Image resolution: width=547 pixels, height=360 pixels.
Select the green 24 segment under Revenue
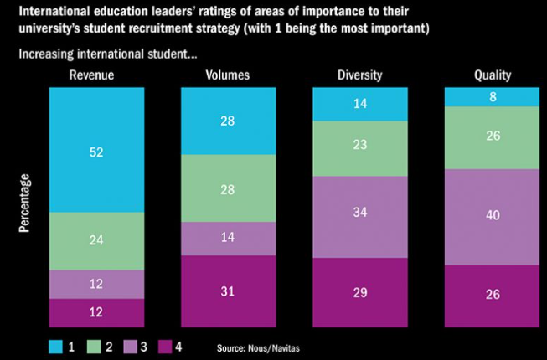(x=96, y=241)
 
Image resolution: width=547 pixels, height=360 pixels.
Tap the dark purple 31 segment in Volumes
(x=229, y=291)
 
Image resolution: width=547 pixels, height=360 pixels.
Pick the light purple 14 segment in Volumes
(x=229, y=239)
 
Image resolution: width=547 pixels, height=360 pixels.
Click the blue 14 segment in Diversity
(x=359, y=103)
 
